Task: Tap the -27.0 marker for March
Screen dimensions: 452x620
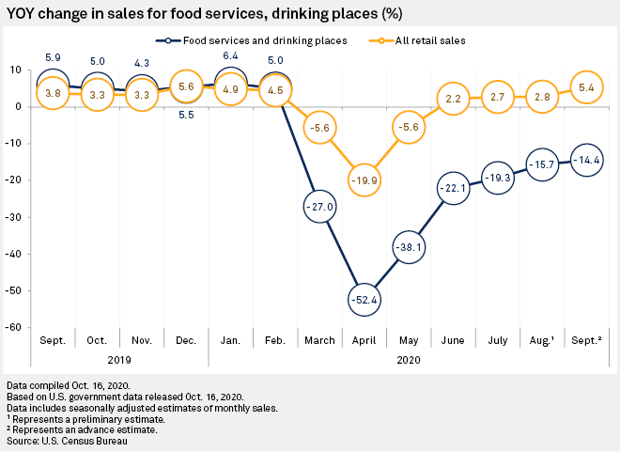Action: tap(319, 206)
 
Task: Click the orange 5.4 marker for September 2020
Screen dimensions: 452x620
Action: tap(588, 87)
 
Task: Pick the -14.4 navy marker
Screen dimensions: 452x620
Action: tap(588, 160)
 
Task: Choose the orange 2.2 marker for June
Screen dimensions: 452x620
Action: tap(453, 99)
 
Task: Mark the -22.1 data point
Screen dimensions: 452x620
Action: tap(453, 188)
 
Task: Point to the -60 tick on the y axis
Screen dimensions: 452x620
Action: tap(16, 327)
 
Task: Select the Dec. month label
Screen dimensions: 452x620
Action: tap(187, 339)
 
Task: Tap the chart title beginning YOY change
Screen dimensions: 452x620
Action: tap(188, 12)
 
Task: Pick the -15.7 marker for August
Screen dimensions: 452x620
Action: tap(543, 164)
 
